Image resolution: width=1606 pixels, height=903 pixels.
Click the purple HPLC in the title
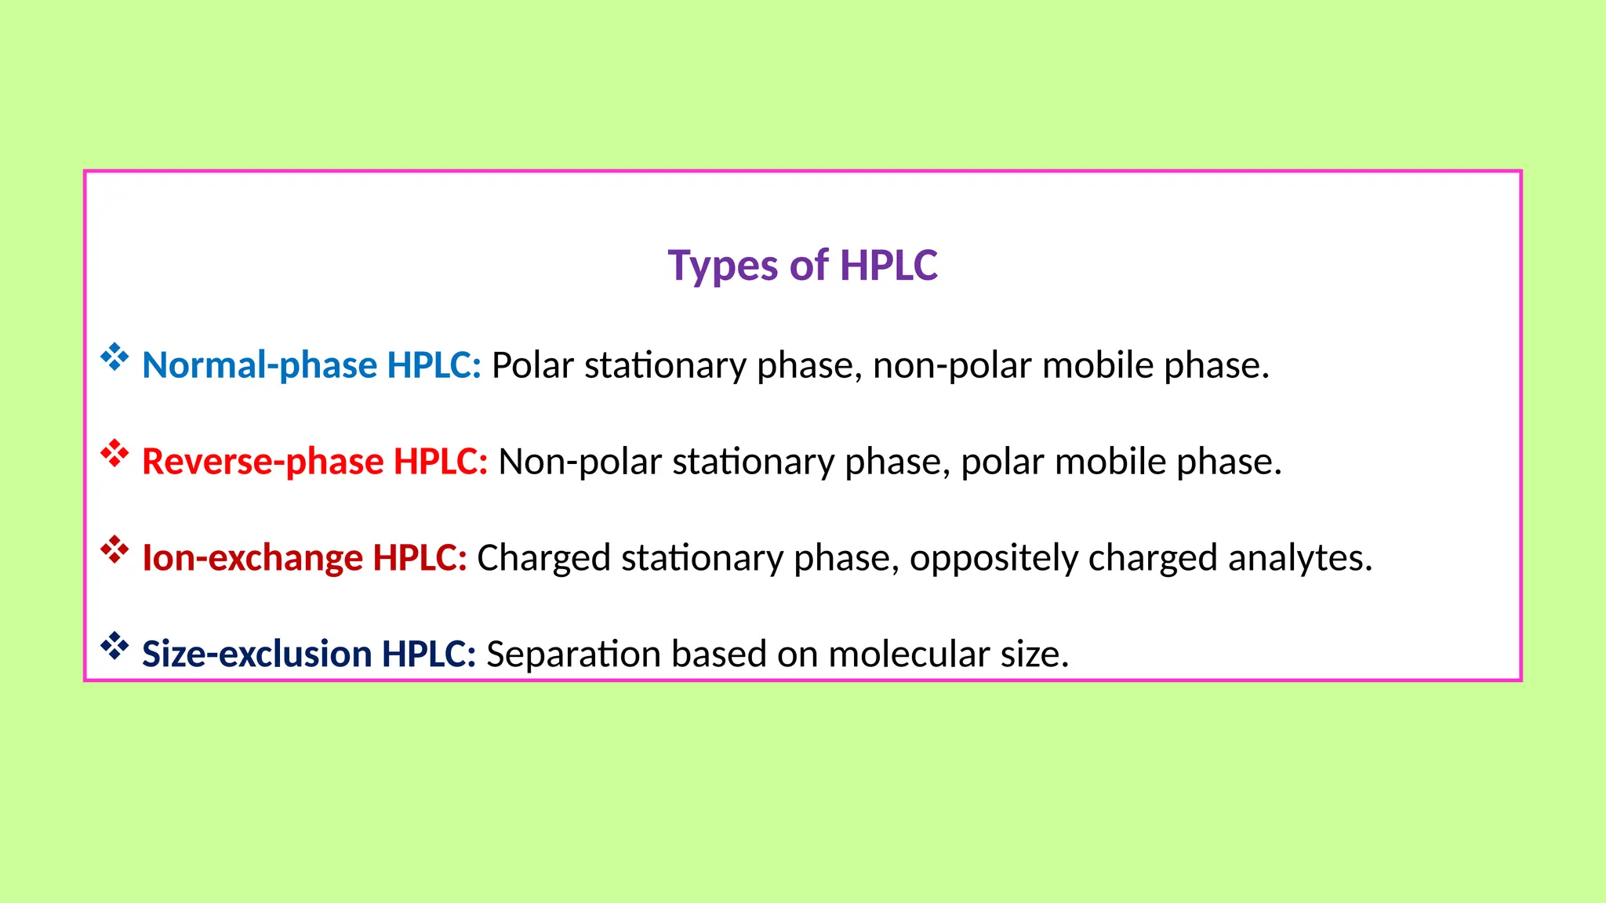pyautogui.click(x=888, y=266)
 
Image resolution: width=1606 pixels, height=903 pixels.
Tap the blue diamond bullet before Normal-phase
pyautogui.click(x=114, y=357)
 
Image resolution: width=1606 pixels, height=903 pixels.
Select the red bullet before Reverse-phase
pyautogui.click(x=114, y=454)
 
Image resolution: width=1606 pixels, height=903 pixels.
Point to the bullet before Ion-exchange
pyautogui.click(x=114, y=550)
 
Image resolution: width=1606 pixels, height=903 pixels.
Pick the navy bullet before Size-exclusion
pyautogui.click(x=114, y=647)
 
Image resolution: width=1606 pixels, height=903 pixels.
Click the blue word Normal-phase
pyautogui.click(x=260, y=365)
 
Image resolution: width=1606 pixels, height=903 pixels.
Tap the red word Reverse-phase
pyautogui.click(x=263, y=462)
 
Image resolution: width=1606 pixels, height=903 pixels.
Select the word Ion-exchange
pyautogui.click(x=253, y=558)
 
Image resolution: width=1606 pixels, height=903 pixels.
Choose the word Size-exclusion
pyautogui.click(x=256, y=655)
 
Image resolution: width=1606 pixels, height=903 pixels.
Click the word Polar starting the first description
pyautogui.click(x=532, y=365)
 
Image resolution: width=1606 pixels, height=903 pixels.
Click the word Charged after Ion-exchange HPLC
pyautogui.click(x=543, y=558)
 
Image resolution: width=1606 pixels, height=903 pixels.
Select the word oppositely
pyautogui.click(x=994, y=558)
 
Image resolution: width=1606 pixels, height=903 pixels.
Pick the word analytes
pyautogui.click(x=1299, y=558)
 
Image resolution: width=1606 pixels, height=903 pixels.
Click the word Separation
pyautogui.click(x=573, y=655)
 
